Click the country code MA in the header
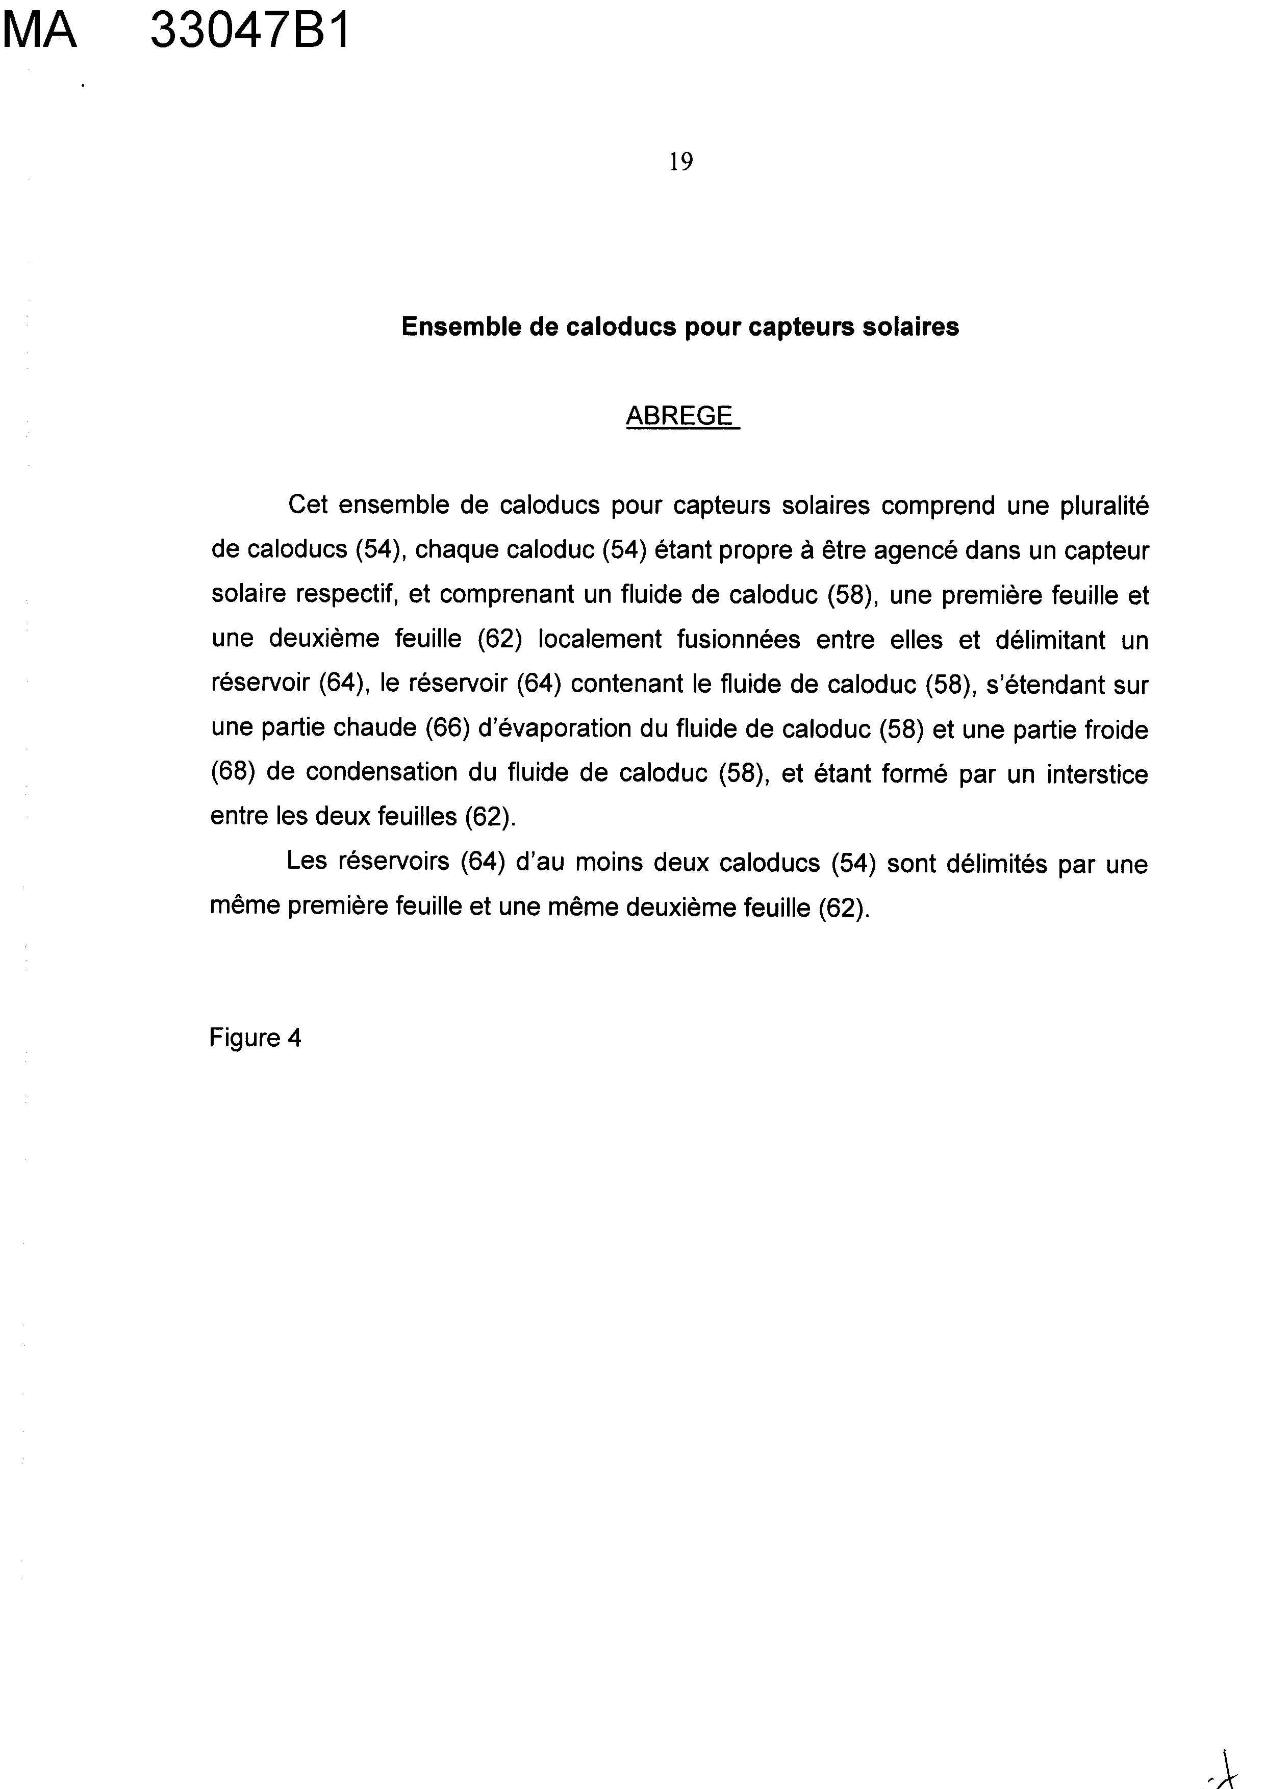click(40, 33)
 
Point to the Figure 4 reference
click(255, 1038)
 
